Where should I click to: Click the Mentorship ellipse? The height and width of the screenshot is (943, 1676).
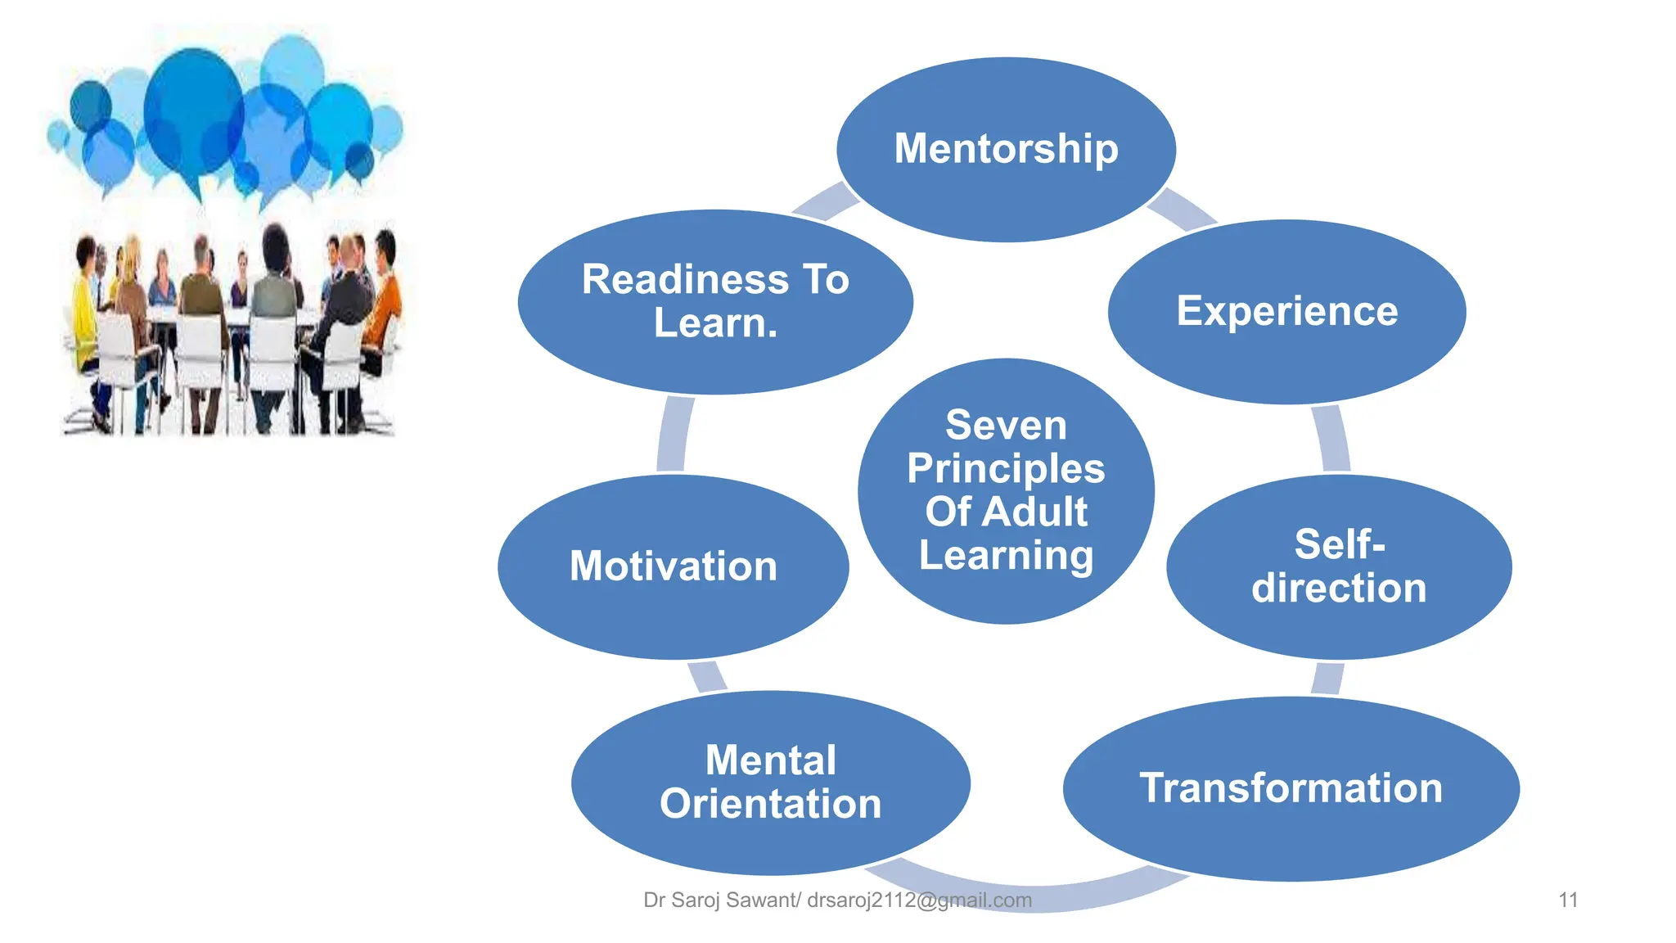point(1006,149)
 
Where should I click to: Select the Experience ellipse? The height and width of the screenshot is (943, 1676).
point(1286,311)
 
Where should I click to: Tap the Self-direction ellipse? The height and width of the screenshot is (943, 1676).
point(1339,566)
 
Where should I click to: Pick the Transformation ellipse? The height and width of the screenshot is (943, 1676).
point(1291,788)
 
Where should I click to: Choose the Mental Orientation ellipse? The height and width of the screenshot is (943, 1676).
point(770,783)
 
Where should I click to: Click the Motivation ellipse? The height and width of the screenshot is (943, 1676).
point(673,566)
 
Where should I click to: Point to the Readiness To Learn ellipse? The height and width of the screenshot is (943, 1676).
point(715,301)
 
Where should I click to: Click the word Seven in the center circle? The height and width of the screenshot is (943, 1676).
point(1006,426)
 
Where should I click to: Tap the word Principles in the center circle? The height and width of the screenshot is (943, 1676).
point(1006,469)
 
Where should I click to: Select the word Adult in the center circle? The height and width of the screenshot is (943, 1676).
point(1034,512)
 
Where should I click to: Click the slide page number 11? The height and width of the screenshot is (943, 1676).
point(1568,900)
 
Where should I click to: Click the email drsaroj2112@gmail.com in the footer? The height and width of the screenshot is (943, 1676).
point(919,900)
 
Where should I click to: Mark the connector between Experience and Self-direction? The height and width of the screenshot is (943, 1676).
point(1331,439)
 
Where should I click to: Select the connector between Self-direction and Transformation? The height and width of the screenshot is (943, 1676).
point(1327,678)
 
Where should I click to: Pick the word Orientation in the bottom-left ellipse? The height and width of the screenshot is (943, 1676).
point(770,805)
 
